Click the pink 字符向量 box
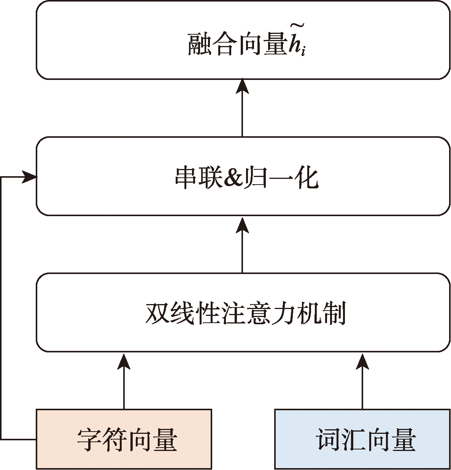[124, 439]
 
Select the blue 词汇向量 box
[362, 439]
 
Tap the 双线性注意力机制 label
[246, 313]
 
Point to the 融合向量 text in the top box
[237, 44]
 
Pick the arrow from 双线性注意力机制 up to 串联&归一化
[242, 245]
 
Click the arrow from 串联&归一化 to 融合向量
[242, 107]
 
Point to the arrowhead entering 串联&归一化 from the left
[29, 177]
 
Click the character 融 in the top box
[200, 44]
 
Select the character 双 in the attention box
[157, 313]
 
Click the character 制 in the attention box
[335, 313]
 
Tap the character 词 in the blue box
[328, 439]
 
